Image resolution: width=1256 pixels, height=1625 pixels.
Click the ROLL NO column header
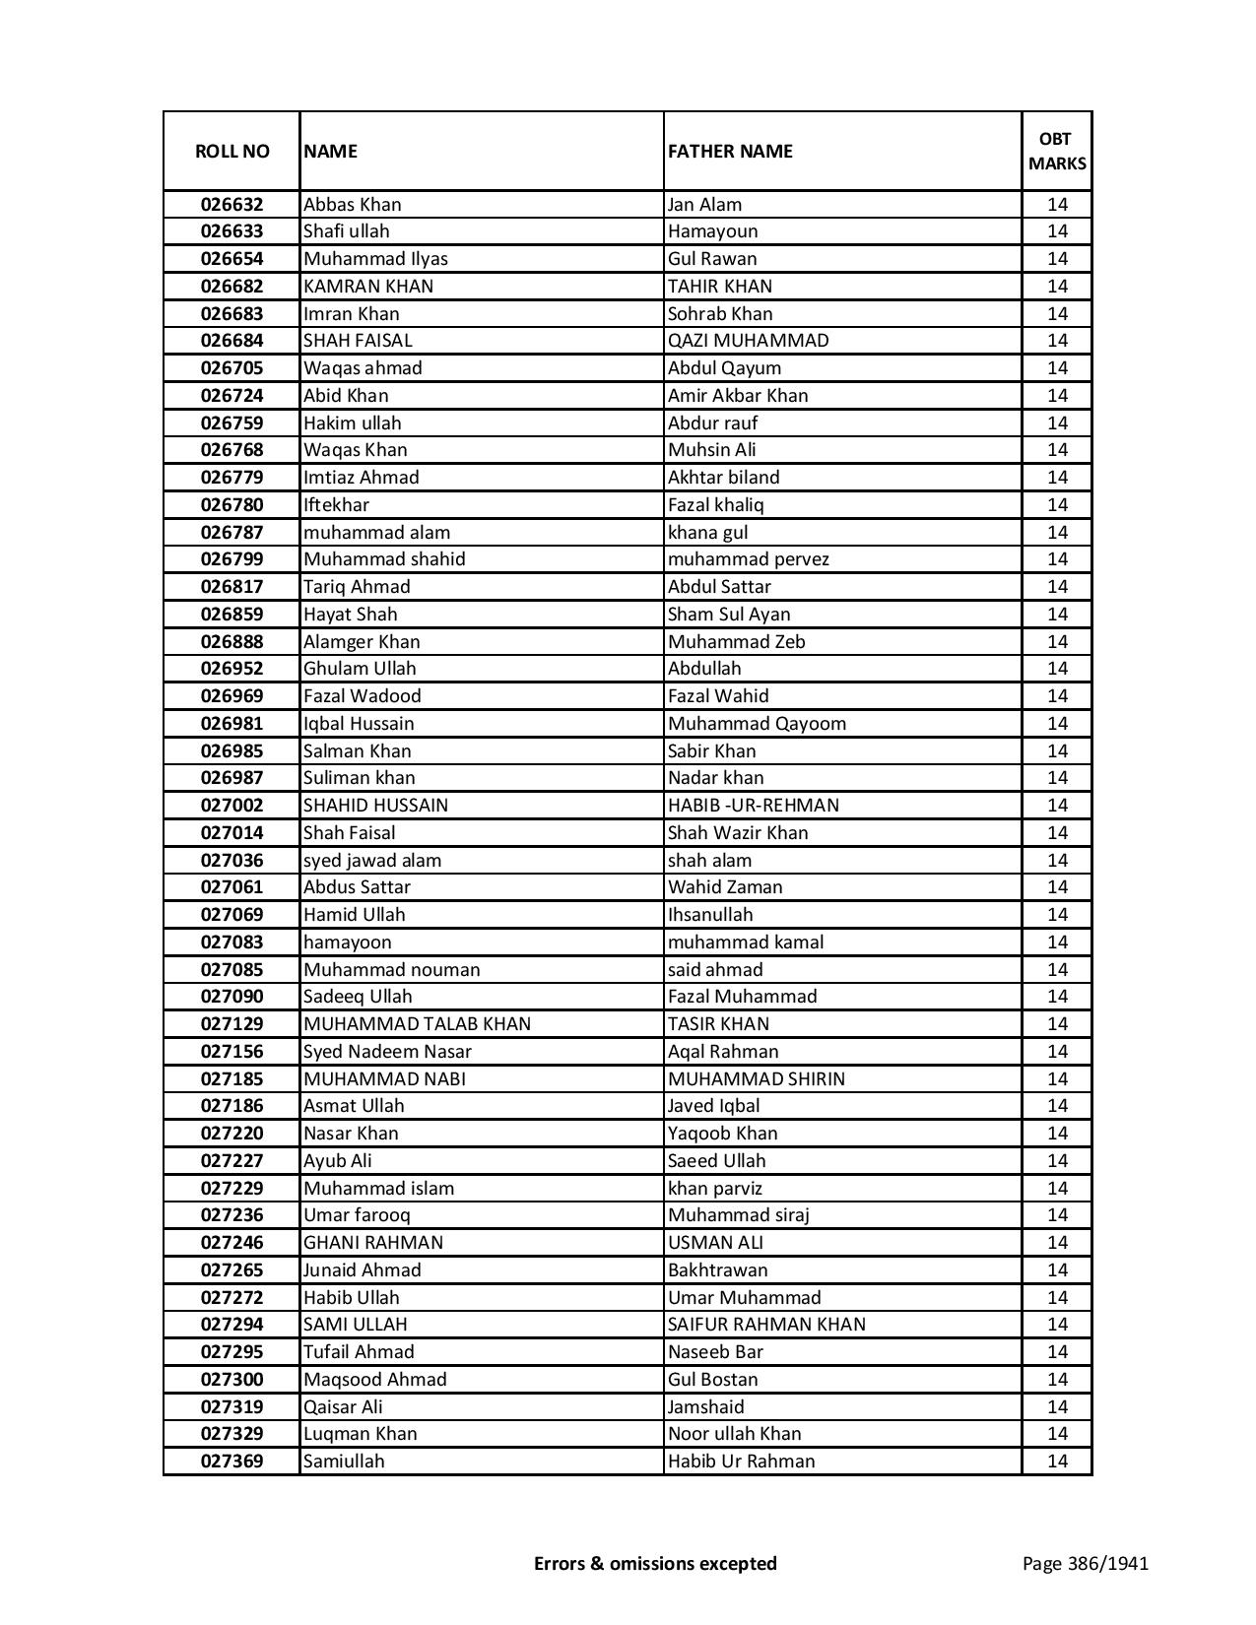[231, 151]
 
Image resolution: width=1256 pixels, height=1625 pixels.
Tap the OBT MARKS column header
[1057, 151]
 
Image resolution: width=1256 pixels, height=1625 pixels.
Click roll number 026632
[231, 205]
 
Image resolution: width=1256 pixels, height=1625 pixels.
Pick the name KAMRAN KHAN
[368, 287]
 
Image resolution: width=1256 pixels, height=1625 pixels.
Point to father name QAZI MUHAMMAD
[748, 341]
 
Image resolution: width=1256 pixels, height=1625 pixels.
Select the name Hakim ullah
[352, 423]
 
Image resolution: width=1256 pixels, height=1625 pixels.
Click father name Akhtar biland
[723, 478]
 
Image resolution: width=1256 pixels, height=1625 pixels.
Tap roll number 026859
[231, 615]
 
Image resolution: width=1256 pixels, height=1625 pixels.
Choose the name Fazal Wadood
[362, 696]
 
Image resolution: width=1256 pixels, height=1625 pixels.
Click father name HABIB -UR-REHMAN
[753, 806]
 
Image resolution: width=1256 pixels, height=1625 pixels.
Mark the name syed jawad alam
[371, 861]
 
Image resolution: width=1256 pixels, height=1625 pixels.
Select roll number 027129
[231, 1024]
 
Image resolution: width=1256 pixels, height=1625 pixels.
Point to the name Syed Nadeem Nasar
[387, 1052]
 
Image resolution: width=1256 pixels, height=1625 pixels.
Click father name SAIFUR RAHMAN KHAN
[766, 1325]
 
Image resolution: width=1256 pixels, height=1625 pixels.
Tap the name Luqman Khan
[360, 1434]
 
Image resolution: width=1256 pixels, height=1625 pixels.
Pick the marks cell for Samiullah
[1057, 1462]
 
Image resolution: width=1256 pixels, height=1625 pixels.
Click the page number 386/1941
[1085, 1563]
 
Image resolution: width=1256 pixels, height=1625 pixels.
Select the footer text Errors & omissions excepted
[655, 1563]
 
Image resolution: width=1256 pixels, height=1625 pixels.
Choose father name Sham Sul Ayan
[728, 615]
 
